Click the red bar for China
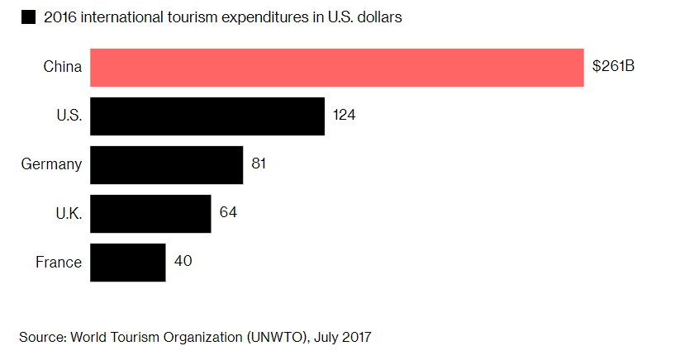tap(336, 67)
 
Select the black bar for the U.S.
tap(207, 116)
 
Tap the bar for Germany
tap(166, 164)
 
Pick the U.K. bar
tap(150, 213)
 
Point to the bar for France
tap(127, 263)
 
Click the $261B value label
tap(613, 67)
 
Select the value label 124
tap(344, 116)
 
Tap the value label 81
tap(258, 164)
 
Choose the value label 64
tap(228, 213)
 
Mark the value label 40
tap(183, 263)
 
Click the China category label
tap(62, 67)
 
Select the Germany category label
tap(51, 164)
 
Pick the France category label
tap(59, 263)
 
